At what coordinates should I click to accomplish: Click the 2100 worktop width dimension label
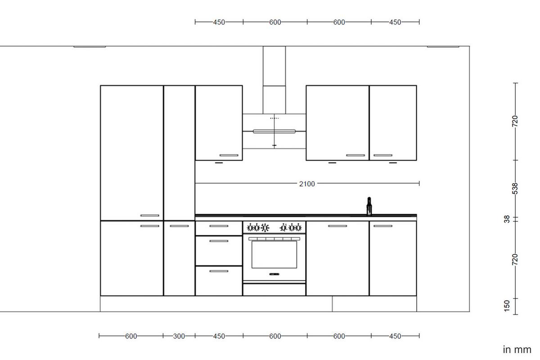(307, 184)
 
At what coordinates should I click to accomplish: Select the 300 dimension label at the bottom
(179, 336)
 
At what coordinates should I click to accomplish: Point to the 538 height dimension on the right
(516, 188)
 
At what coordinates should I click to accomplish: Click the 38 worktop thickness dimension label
(507, 219)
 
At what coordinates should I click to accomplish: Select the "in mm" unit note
(517, 349)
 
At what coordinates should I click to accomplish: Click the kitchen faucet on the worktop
(369, 206)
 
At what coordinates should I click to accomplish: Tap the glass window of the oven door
(274, 254)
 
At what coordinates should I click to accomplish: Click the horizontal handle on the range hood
(274, 131)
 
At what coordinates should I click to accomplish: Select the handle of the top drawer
(219, 226)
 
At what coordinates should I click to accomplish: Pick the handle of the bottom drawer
(219, 271)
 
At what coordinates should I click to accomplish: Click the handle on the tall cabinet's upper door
(150, 216)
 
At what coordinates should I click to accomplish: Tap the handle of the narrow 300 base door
(179, 226)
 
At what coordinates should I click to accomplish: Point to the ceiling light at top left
(90, 46)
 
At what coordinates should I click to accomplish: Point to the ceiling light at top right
(443, 46)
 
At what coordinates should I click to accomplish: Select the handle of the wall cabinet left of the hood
(229, 155)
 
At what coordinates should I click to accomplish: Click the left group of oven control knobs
(258, 227)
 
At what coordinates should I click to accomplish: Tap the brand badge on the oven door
(274, 274)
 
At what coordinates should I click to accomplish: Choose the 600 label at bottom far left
(131, 336)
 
